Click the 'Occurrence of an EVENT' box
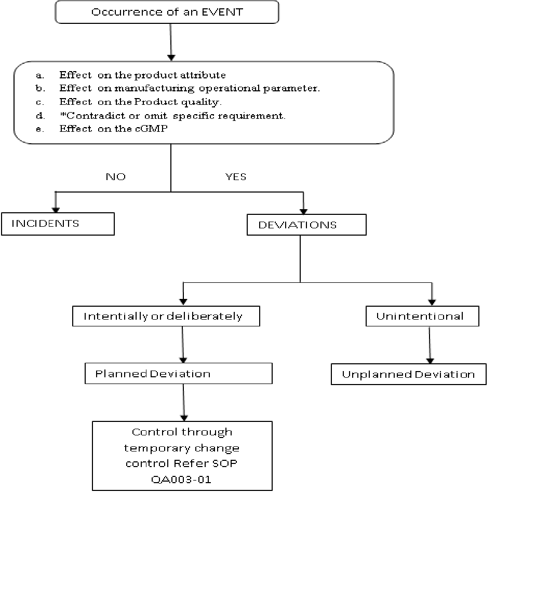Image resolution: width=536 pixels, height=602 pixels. click(x=167, y=12)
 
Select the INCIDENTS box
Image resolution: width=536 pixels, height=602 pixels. click(x=58, y=224)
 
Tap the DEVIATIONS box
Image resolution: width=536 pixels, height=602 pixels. click(x=306, y=225)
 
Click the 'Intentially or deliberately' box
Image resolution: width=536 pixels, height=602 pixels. click(x=166, y=316)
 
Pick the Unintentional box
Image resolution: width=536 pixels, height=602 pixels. click(x=422, y=316)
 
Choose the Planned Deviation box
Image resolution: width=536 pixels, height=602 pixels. click(x=178, y=374)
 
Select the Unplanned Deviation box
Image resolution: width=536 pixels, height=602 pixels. click(x=408, y=374)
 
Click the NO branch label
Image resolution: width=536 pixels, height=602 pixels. click(x=115, y=177)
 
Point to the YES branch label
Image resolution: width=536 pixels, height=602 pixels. click(x=236, y=177)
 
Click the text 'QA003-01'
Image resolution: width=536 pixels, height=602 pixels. click(x=181, y=479)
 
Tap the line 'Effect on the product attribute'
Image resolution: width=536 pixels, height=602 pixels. click(x=142, y=75)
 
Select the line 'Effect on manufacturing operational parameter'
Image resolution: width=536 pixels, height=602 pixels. click(x=189, y=88)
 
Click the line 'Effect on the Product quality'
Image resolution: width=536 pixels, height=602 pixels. click(x=140, y=102)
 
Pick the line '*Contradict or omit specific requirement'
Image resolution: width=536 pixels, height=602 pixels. click(x=172, y=115)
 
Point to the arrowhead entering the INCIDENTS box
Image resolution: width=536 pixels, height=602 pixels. click(x=55, y=210)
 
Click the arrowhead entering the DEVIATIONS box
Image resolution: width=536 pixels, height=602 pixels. click(x=304, y=211)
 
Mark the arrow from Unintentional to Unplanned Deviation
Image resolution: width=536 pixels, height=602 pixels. click(x=430, y=345)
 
